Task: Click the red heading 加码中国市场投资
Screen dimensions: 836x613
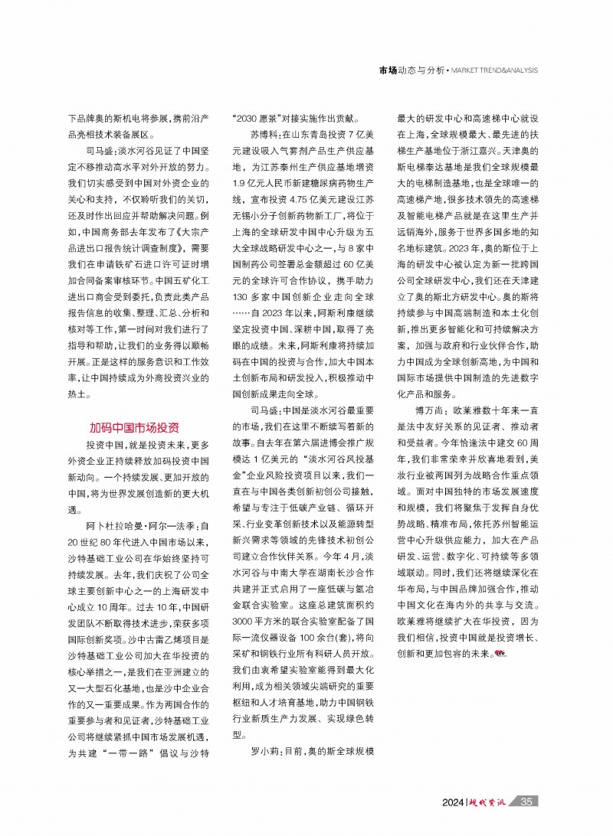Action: tap(134, 426)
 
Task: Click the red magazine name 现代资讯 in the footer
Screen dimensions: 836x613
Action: tap(490, 802)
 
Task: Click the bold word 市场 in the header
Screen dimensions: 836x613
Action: tap(388, 70)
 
